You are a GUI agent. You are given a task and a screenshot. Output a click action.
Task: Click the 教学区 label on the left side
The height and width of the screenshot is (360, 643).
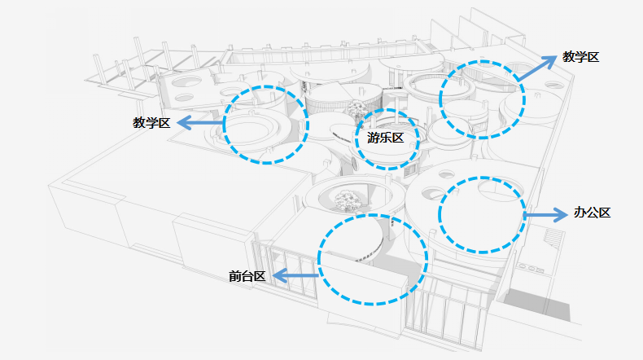pyautogui.click(x=151, y=123)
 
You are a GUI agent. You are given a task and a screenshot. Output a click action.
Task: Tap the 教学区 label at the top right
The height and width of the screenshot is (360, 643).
pyautogui.click(x=581, y=57)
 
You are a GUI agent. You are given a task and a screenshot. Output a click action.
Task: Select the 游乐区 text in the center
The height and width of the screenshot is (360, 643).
pyautogui.click(x=386, y=138)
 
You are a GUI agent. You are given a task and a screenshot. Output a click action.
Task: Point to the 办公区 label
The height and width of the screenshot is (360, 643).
pyautogui.click(x=592, y=213)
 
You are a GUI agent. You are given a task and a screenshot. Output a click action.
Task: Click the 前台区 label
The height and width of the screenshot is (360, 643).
pyautogui.click(x=247, y=276)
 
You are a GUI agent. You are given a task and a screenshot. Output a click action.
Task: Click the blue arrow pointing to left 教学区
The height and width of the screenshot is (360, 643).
pyautogui.click(x=200, y=123)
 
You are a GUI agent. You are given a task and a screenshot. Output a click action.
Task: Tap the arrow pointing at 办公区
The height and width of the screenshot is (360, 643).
pyautogui.click(x=545, y=215)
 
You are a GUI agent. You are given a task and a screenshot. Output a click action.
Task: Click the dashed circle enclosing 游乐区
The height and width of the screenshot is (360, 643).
pyautogui.click(x=386, y=139)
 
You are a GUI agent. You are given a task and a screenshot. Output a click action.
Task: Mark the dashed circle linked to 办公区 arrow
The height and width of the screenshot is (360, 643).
pyautogui.click(x=481, y=214)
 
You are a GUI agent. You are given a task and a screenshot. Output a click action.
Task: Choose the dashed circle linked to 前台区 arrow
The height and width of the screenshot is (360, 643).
pyautogui.click(x=372, y=259)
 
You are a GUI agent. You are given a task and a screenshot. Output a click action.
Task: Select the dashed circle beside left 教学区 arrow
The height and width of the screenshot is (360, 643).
pyautogui.click(x=266, y=124)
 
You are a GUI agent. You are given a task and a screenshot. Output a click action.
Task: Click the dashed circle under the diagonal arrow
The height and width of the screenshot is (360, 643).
pyautogui.click(x=483, y=99)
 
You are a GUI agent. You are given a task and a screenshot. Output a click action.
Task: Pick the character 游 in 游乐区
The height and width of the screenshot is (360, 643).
pyautogui.click(x=374, y=138)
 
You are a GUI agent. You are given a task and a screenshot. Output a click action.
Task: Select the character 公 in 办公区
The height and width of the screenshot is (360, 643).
pyautogui.click(x=592, y=213)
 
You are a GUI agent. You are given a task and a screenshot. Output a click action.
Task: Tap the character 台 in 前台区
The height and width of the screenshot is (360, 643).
pyautogui.click(x=247, y=276)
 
